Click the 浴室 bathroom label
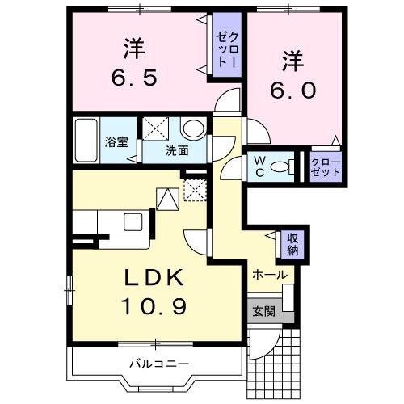pos(116,142)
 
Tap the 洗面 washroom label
pos(177,150)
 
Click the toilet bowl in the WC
pos(280,166)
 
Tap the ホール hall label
pos(269,275)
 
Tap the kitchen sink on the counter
pos(133,221)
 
